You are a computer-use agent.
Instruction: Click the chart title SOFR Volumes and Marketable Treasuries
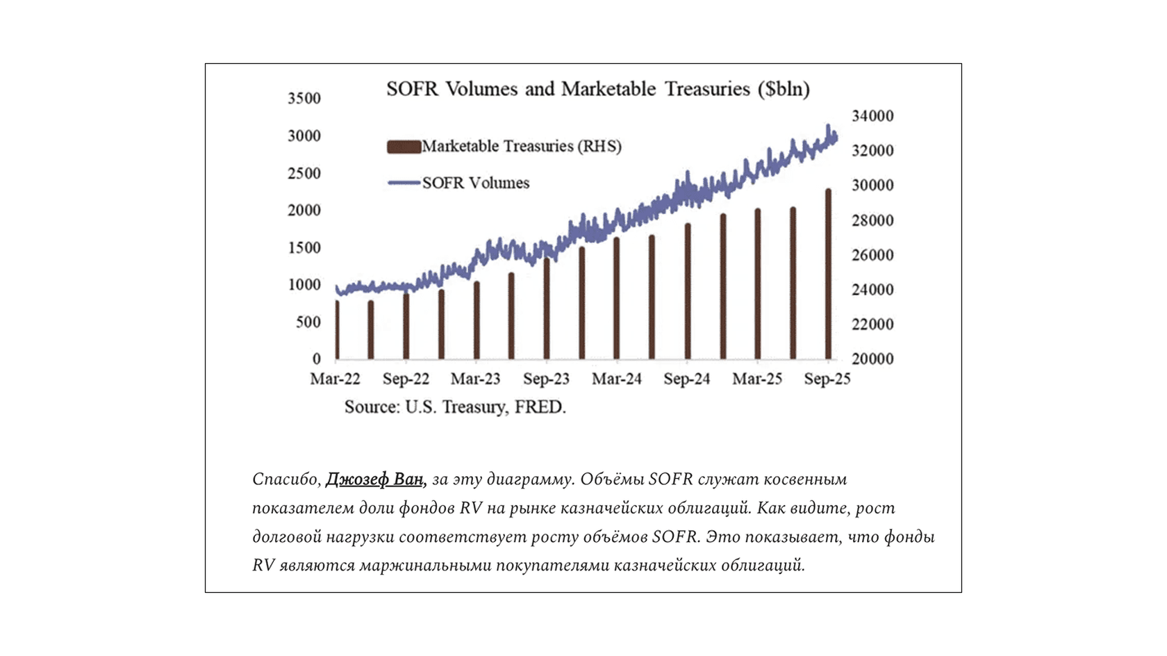[597, 89]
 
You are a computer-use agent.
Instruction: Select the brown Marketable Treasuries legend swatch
[404, 147]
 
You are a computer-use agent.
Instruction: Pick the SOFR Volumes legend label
[476, 183]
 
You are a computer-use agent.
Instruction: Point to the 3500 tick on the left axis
[304, 99]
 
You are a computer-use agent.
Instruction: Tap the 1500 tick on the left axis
[304, 248]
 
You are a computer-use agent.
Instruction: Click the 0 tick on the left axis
[316, 359]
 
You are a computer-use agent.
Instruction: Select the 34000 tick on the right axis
[872, 116]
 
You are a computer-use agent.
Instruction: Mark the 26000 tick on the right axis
[872, 255]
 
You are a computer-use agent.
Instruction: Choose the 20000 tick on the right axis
[872, 359]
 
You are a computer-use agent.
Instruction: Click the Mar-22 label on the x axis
[335, 379]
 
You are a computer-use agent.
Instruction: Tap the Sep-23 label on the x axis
[546, 379]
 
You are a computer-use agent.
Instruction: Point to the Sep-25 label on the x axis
[827, 379]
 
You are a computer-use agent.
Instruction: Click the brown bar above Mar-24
[617, 299]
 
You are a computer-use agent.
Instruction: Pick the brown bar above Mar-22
[337, 330]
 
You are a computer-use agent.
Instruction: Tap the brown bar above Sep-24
[688, 292]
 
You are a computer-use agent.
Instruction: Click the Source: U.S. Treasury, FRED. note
[455, 407]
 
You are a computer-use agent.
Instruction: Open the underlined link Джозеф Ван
[374, 479]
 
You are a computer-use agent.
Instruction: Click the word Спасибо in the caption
[285, 479]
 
